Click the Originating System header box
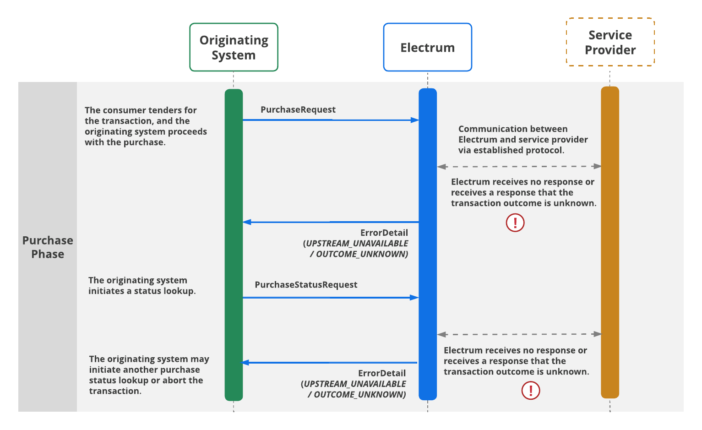pos(234,47)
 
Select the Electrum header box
pos(427,47)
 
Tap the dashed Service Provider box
pos(610,42)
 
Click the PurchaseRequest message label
pos(298,110)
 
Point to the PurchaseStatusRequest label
pos(306,285)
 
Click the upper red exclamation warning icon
pos(515,223)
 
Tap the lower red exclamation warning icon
pos(531,391)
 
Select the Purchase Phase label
pos(48,247)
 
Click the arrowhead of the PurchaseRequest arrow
pos(415,120)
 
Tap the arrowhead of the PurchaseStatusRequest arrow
pos(415,298)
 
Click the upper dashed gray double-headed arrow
pos(519,167)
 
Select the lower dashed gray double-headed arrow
pos(519,334)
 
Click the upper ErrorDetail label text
pos(384,233)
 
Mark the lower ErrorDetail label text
pos(382,374)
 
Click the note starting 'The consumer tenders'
pos(146,126)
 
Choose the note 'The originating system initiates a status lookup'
pos(142,286)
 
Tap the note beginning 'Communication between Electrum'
pos(522,140)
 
